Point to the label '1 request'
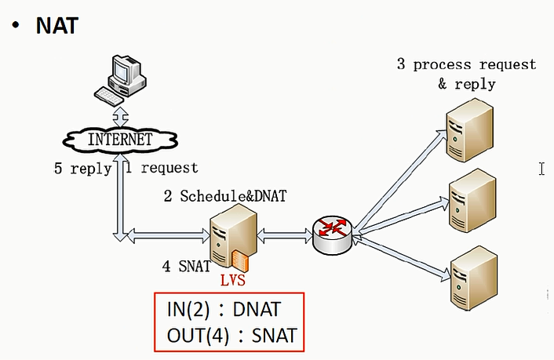click(x=161, y=168)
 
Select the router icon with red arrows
click(x=333, y=233)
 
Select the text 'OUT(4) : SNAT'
click(x=231, y=336)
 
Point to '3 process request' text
click(x=466, y=64)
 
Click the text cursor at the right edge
click(x=541, y=169)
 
